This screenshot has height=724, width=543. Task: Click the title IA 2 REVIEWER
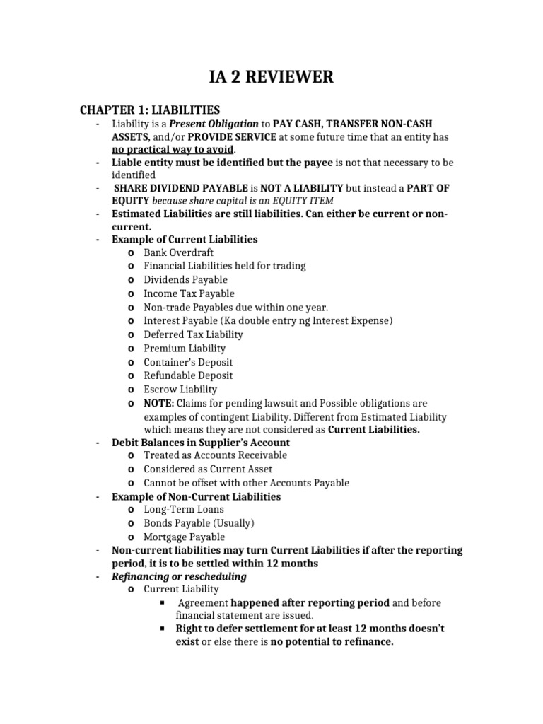coord(271,77)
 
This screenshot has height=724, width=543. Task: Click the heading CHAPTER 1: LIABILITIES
coord(150,110)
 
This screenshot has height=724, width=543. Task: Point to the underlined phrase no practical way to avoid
coord(173,150)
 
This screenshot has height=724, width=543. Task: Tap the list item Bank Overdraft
coord(178,252)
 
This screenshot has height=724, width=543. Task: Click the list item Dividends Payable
coord(185,280)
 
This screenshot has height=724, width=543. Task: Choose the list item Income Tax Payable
coord(189,293)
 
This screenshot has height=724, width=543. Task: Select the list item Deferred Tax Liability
coord(193,334)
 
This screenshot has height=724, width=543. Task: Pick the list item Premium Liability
coord(185,348)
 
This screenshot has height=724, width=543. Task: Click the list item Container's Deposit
coord(188,362)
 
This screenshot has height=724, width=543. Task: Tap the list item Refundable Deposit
coord(188,375)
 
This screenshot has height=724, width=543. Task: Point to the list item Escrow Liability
coord(180,389)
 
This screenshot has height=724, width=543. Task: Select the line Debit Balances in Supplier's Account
coord(201,443)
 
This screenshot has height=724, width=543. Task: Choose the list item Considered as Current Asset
coord(208,469)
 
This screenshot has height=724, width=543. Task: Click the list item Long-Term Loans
coord(184,510)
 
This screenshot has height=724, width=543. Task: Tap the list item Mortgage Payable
coord(184,537)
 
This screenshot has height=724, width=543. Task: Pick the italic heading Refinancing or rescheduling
coord(180,576)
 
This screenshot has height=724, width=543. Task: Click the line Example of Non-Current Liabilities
coord(197,497)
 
